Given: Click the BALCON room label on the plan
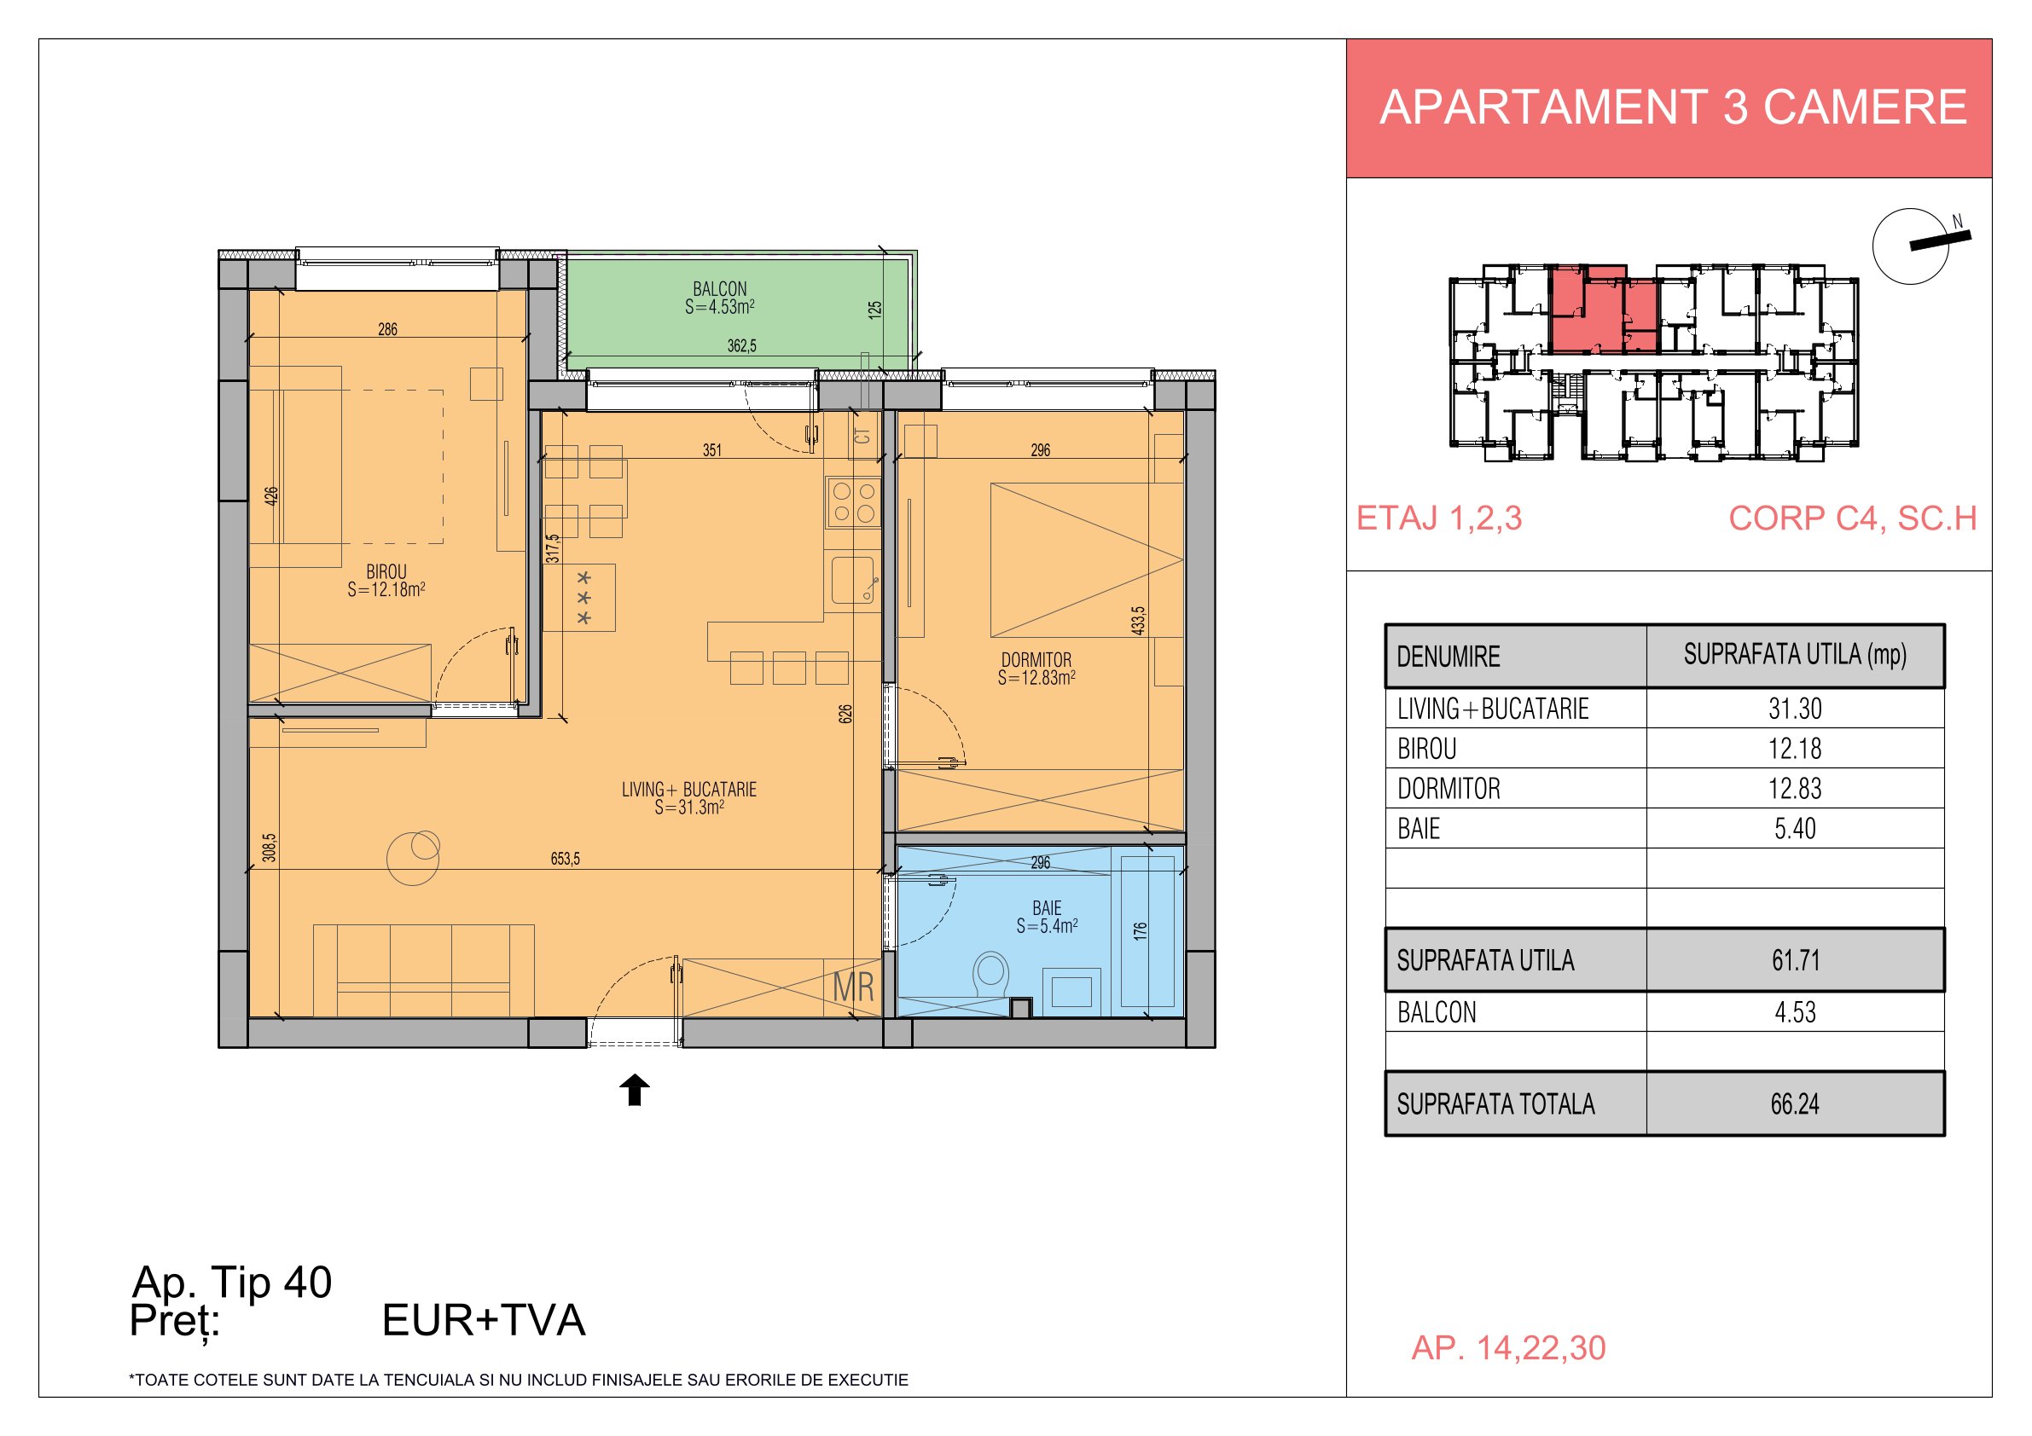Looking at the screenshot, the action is (x=719, y=289).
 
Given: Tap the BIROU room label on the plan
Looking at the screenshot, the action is (x=386, y=572).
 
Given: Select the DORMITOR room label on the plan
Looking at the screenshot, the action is (x=1036, y=660).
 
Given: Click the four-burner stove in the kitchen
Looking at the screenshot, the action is (x=854, y=501).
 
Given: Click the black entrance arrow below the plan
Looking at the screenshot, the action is (x=634, y=1090).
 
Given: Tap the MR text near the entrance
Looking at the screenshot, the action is (x=853, y=987).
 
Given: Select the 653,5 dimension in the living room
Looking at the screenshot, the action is (x=566, y=858).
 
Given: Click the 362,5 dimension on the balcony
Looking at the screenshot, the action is (x=741, y=346).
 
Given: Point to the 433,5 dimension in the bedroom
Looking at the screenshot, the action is (x=1138, y=620).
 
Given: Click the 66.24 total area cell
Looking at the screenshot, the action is (x=1795, y=1104).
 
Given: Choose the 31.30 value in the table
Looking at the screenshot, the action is (x=1795, y=709).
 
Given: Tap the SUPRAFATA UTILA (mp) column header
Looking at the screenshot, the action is (x=1795, y=655).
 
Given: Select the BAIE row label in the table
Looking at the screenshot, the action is (x=1419, y=829).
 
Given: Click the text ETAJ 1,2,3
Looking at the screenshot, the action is (x=1440, y=518).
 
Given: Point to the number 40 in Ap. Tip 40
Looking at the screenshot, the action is (x=307, y=1282).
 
